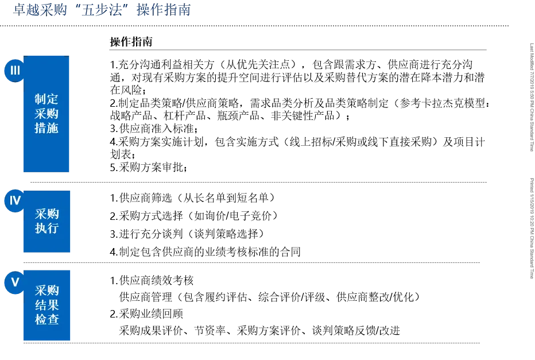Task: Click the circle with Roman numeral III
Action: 15,71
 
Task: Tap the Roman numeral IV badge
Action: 15,200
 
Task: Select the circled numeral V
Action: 15,282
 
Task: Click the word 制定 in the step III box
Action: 46,99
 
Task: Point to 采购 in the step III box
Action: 46,114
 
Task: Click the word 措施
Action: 46,128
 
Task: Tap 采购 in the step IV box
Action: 46,214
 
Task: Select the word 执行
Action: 46,229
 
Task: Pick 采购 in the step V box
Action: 46,291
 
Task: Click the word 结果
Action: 46,305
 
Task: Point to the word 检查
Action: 46,319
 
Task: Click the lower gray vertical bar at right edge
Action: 532,227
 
